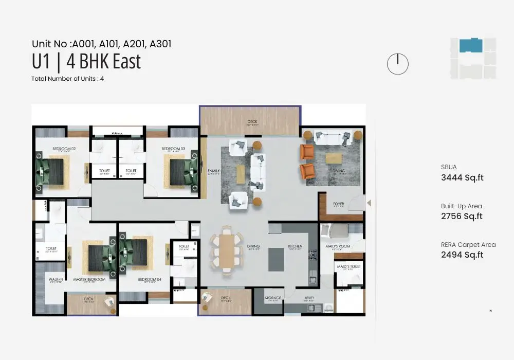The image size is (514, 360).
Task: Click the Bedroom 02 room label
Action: coord(64,149)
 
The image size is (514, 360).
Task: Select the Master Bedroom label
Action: coord(89,280)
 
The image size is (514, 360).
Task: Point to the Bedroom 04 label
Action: coord(150,280)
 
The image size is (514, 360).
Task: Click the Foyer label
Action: coord(338,204)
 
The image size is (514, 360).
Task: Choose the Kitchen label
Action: coord(295,246)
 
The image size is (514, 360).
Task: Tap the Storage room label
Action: coord(273,298)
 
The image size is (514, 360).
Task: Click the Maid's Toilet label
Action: coord(348,267)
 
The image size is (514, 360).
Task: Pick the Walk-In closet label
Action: coord(56,280)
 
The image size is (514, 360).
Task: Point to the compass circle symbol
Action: coord(397,64)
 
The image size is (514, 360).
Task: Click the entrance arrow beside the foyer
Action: coord(369,204)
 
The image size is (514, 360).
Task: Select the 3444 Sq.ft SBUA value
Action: coord(462,178)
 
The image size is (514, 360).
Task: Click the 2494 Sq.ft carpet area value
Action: coord(462,255)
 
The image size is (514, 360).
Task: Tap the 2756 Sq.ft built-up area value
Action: coord(462,216)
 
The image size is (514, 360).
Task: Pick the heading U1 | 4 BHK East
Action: coord(86,62)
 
